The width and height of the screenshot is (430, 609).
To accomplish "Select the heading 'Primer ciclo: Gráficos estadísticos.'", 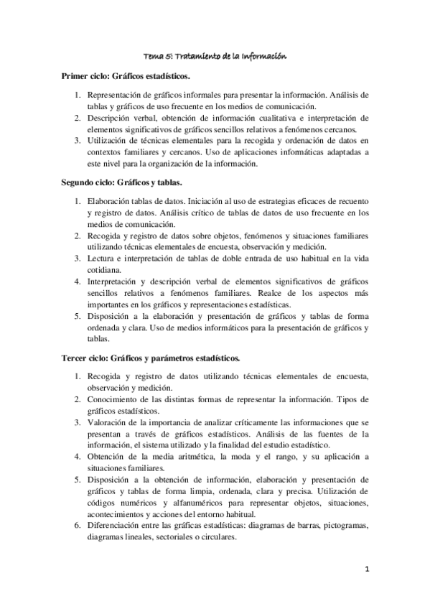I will (126, 75).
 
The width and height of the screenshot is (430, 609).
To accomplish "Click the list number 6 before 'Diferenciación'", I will (77, 526).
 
